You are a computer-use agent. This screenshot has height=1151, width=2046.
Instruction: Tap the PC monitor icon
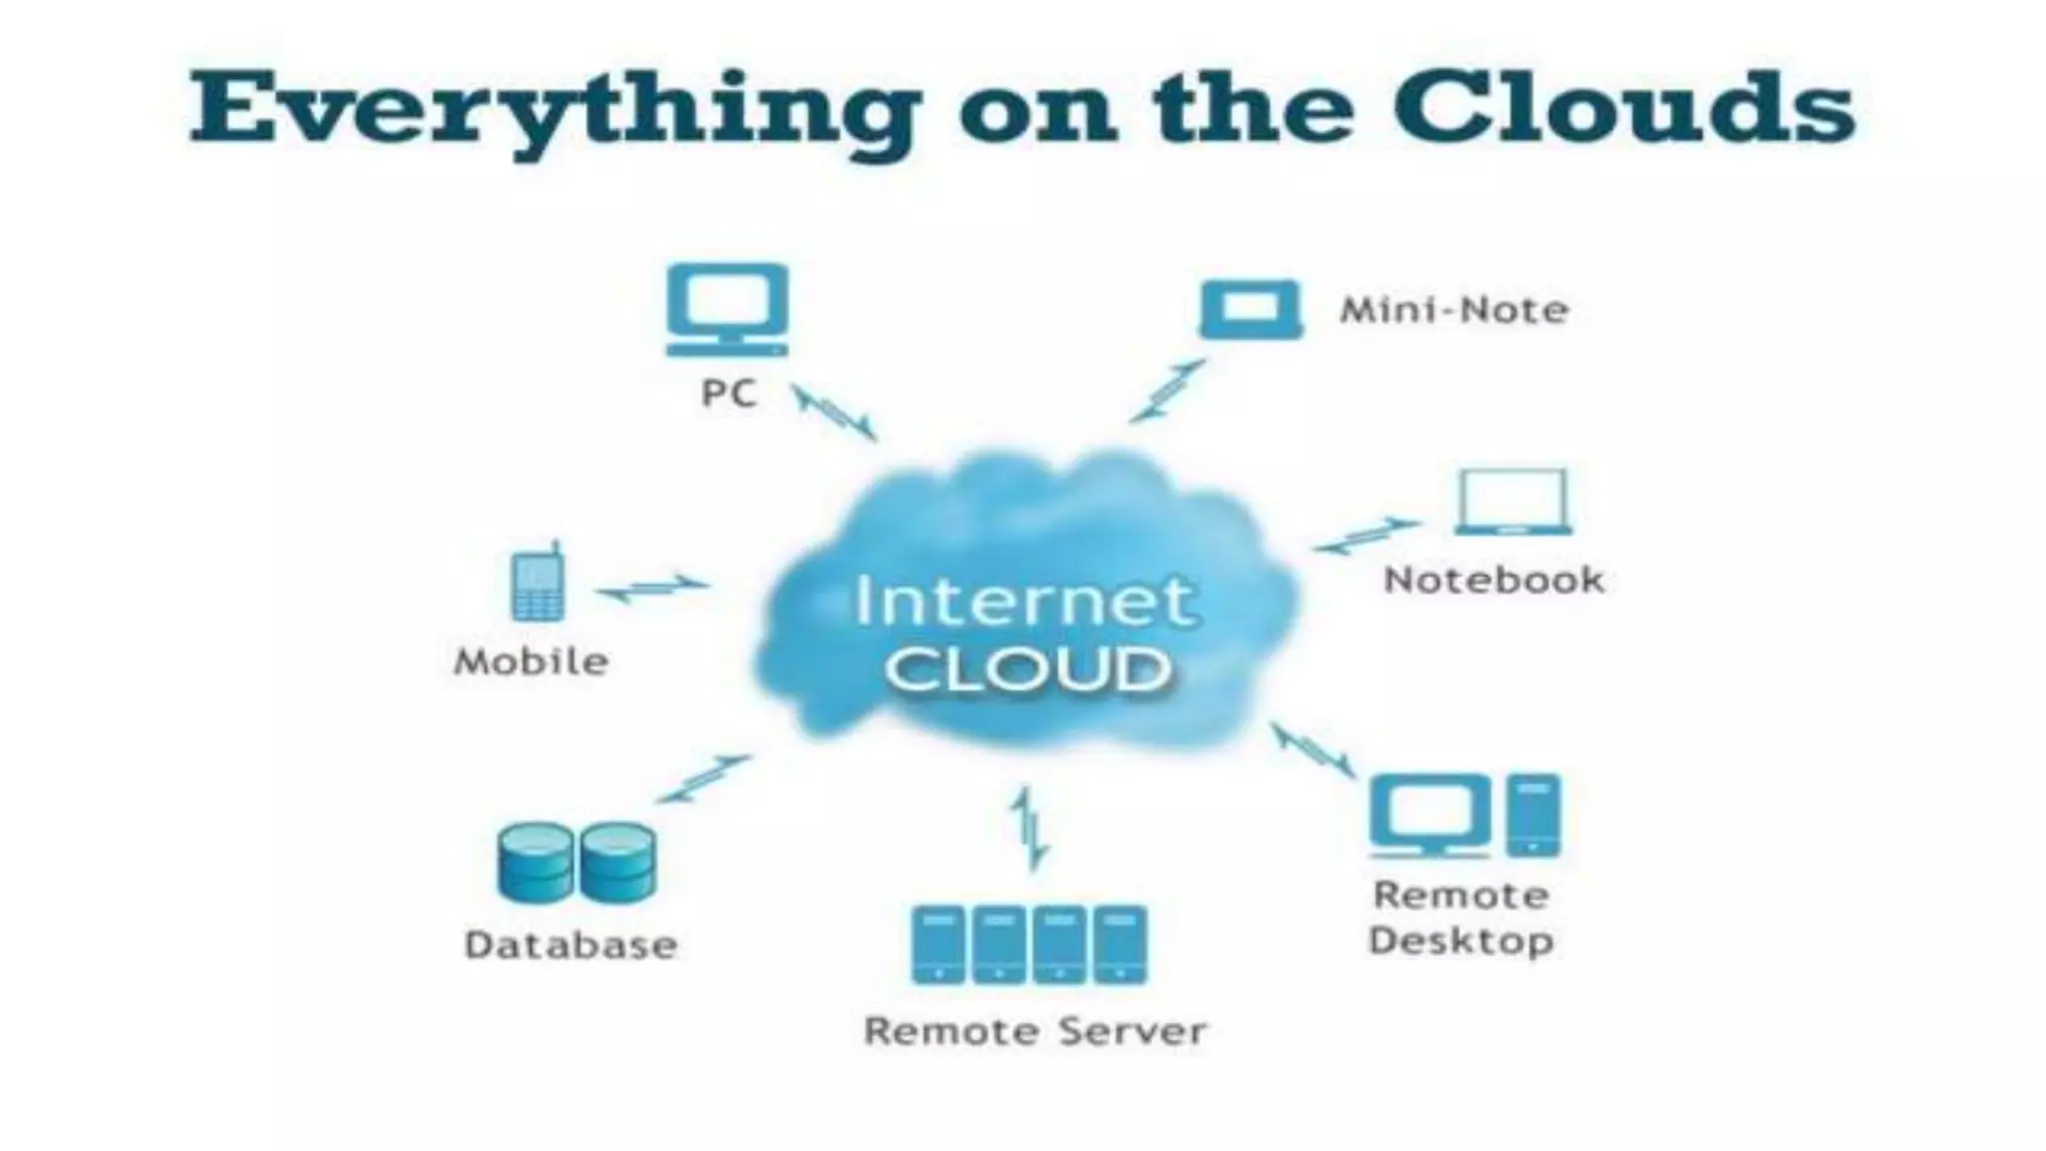pyautogui.click(x=727, y=309)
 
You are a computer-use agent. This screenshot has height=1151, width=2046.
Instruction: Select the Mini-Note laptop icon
pyautogui.click(x=1251, y=309)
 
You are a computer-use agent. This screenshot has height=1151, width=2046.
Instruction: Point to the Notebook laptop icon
pyautogui.click(x=1513, y=502)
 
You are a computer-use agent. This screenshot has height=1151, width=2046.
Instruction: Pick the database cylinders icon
pyautogui.click(x=576, y=861)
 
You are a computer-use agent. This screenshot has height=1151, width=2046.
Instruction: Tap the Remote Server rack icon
pyautogui.click(x=1029, y=944)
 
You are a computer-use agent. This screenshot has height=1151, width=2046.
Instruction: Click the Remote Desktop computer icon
pyautogui.click(x=1465, y=815)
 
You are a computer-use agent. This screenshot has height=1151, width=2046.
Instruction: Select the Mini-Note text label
pyautogui.click(x=1454, y=310)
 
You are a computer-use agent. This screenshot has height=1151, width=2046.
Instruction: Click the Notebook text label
pyautogui.click(x=1494, y=579)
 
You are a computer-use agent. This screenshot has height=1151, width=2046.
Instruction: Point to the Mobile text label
pyautogui.click(x=530, y=661)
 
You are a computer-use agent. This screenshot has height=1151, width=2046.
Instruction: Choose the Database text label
pyautogui.click(x=570, y=945)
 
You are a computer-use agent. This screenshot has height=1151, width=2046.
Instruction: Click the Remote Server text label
pyautogui.click(x=1035, y=1031)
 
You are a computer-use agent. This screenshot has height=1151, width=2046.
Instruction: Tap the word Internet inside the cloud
pyautogui.click(x=1023, y=601)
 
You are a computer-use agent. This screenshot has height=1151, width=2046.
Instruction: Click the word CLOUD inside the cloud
pyautogui.click(x=1028, y=669)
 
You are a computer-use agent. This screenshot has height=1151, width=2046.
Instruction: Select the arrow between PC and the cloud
pyautogui.click(x=835, y=414)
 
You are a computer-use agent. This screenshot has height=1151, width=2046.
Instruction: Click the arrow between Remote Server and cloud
pyautogui.click(x=1029, y=827)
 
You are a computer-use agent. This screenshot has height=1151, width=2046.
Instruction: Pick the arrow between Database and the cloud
pyautogui.click(x=703, y=778)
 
